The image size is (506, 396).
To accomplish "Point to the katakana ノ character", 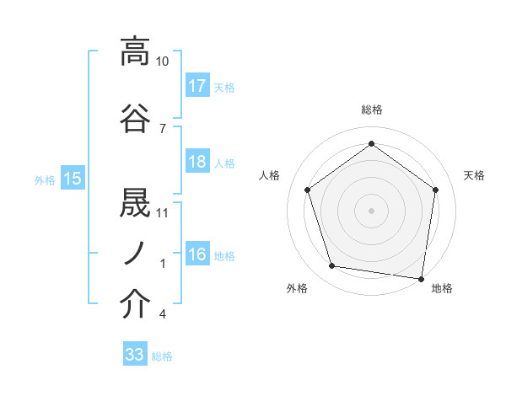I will click(x=135, y=253).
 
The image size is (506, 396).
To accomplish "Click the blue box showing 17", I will click(x=197, y=86).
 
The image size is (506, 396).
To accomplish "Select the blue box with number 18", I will click(x=197, y=162).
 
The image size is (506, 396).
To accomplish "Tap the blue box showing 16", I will click(x=197, y=254).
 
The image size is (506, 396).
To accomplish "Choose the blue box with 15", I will click(x=72, y=178).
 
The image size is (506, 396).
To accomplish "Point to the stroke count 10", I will click(x=163, y=62).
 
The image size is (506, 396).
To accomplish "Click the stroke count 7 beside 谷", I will click(x=162, y=127).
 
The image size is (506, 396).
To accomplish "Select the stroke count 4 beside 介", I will click(x=162, y=314).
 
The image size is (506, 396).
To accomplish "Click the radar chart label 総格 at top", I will click(x=371, y=110).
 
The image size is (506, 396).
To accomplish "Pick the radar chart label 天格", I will click(x=474, y=175).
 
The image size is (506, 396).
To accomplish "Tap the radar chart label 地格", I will click(x=442, y=288).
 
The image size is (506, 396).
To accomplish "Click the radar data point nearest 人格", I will click(x=307, y=190).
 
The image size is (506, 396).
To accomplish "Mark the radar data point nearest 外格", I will click(x=332, y=266).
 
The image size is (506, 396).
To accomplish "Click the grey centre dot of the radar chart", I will click(x=371, y=210).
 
